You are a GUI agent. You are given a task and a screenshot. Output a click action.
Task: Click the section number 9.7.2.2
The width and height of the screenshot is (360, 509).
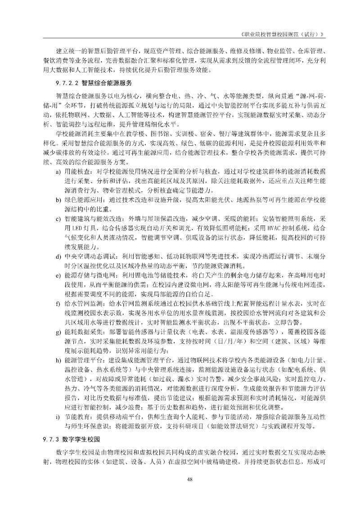click(67, 84)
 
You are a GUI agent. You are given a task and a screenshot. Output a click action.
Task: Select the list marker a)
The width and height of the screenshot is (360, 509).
click(58, 172)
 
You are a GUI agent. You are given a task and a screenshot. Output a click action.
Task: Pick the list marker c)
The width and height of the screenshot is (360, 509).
click(58, 219)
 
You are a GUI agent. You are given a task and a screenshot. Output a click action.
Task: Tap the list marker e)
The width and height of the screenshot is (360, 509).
click(58, 274)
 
